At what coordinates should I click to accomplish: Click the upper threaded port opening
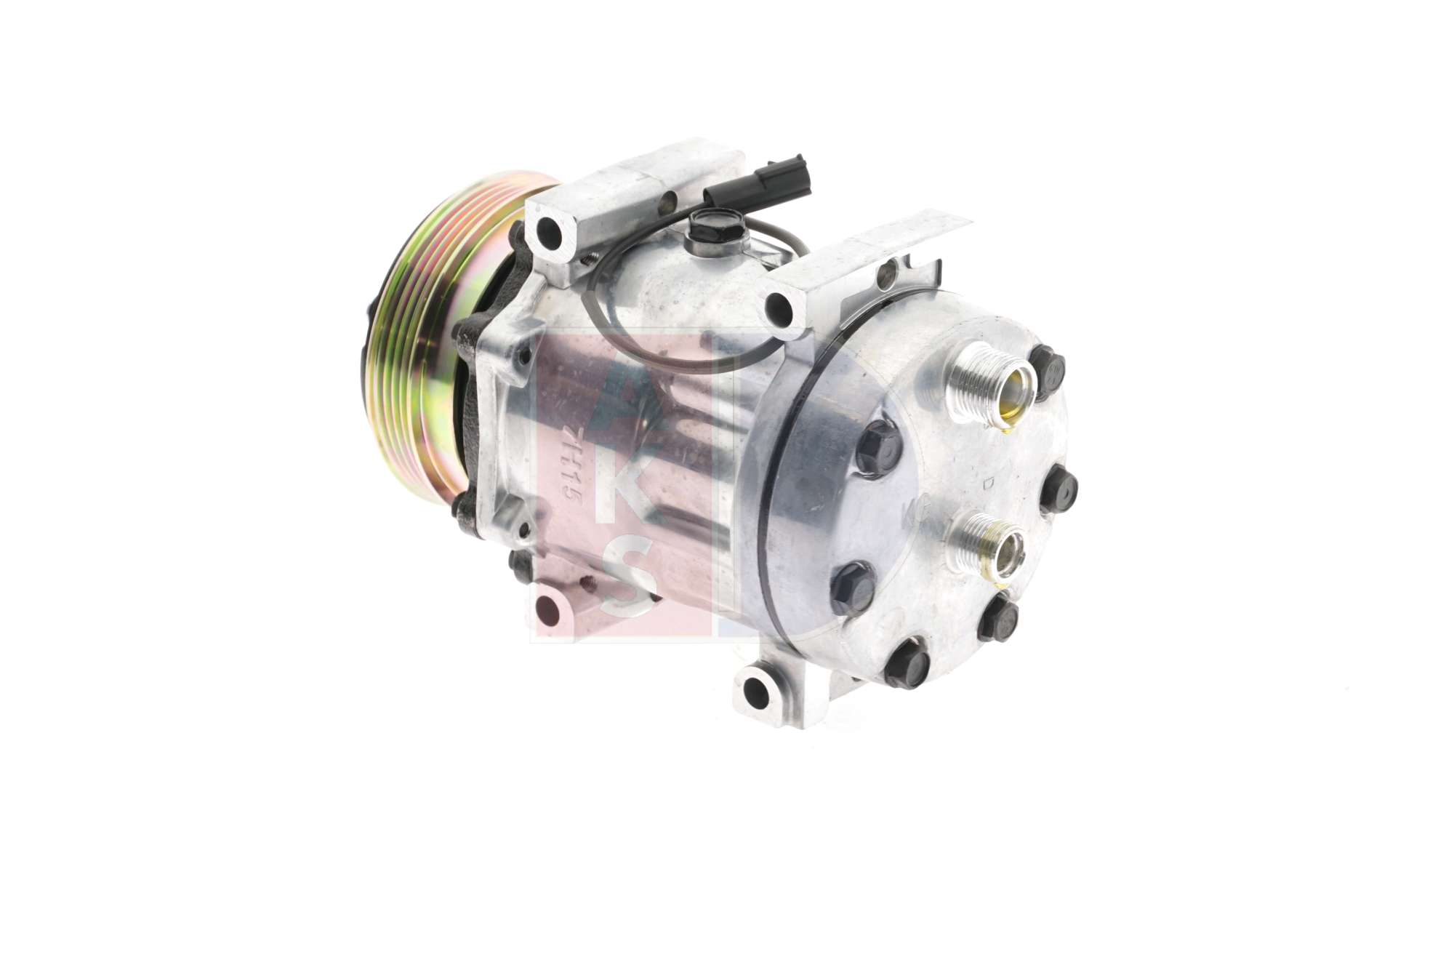[1008, 395]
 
